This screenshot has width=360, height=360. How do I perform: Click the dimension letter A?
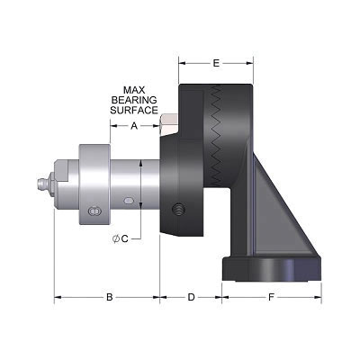tap(134, 126)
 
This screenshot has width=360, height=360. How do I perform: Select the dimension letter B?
tap(109, 296)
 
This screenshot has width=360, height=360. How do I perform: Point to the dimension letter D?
tap(191, 296)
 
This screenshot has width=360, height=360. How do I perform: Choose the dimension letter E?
tap(216, 63)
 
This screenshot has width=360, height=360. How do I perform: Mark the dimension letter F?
tap(272, 296)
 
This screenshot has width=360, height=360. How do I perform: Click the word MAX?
tap(134, 89)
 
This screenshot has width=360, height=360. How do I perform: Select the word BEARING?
tap(134, 99)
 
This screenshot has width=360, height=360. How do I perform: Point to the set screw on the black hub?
tap(178, 210)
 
